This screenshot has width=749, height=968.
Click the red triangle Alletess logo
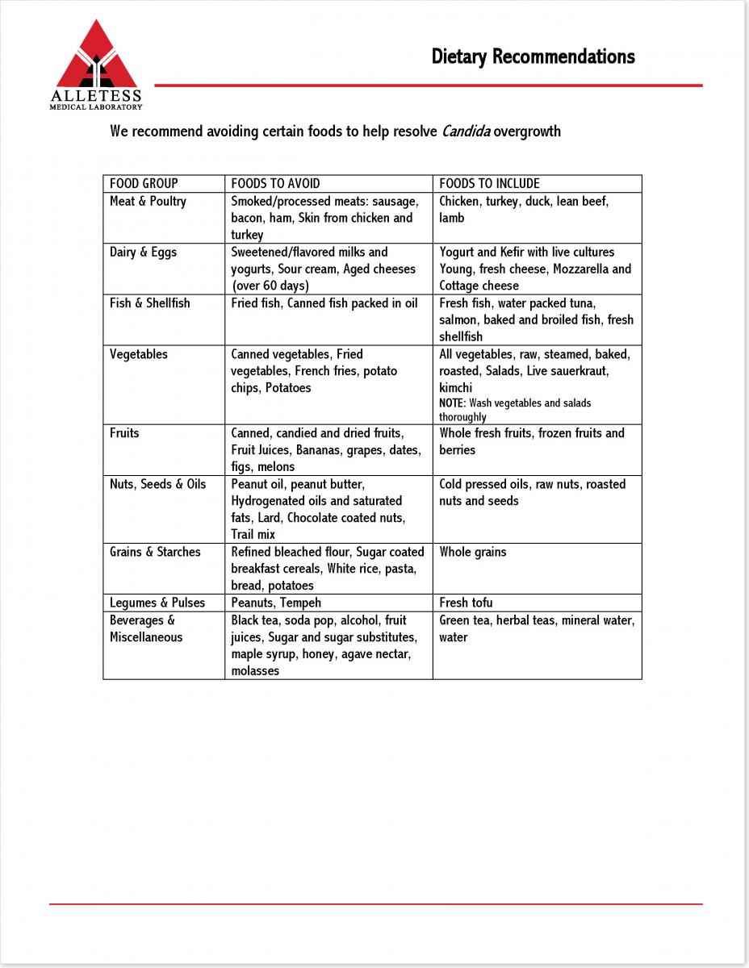[97, 56]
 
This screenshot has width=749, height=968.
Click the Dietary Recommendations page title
[533, 56]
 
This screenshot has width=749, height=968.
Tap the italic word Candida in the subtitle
[466, 131]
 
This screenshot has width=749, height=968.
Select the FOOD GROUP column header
[144, 183]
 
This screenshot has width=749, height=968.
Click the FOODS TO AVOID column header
[275, 183]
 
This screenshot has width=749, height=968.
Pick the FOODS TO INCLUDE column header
[489, 183]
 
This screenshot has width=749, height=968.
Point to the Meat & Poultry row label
[148, 201]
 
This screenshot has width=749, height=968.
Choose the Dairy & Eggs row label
[143, 252]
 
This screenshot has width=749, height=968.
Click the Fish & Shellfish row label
[150, 302]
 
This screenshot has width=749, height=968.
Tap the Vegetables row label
[139, 353]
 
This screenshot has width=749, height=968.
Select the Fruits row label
[124, 432]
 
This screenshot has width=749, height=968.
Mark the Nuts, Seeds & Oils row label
[157, 484]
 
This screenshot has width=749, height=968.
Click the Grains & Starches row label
[155, 552]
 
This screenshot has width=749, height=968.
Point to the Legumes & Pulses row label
[157, 603]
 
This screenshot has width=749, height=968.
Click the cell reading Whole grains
[473, 552]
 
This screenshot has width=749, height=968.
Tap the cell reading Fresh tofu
[466, 603]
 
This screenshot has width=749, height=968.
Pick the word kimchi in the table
[456, 387]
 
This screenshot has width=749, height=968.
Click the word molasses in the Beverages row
[255, 670]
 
